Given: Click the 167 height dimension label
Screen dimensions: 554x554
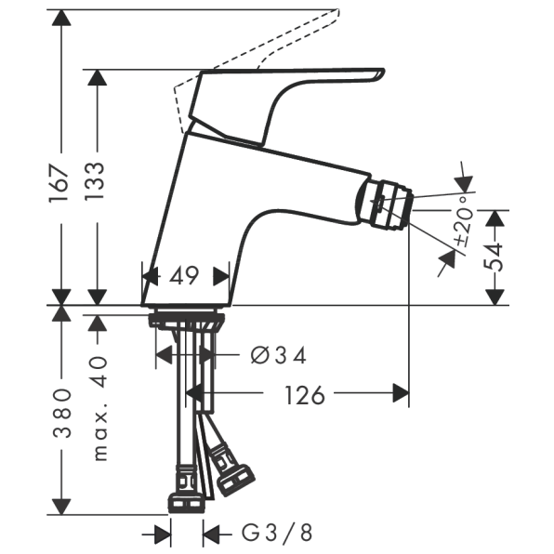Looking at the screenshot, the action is point(59,183).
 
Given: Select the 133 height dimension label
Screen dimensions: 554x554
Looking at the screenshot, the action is point(95,181).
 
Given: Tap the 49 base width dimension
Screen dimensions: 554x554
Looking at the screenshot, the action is point(184,275).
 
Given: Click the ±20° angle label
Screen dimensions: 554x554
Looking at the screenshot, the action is point(464,220).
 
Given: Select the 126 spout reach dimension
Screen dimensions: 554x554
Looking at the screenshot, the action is point(305,395).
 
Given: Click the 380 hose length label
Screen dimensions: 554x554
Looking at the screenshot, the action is point(62,413).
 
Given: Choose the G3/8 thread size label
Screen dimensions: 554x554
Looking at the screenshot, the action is point(277,533).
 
